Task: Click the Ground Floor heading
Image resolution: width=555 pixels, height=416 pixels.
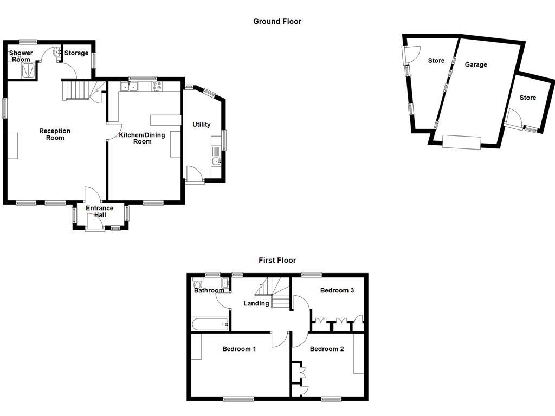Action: coord(277,21)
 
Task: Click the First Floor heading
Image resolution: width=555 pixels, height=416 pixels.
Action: coord(277,261)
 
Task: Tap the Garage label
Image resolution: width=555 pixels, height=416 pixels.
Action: coord(476,65)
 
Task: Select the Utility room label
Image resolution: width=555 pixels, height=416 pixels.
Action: coord(202,125)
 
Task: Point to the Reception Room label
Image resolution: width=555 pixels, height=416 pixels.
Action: coord(55,134)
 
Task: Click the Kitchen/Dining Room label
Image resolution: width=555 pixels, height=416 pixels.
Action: coord(142,138)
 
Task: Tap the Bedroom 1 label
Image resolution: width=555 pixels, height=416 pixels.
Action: coord(239,349)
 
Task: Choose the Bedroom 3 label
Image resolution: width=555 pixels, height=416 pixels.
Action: coord(337,290)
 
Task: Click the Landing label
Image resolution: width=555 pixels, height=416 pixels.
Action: coord(256,303)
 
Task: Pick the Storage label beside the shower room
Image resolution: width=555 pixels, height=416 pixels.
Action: coord(76,53)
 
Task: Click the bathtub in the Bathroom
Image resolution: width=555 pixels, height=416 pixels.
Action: coord(210,324)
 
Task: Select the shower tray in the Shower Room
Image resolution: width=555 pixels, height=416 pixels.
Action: coord(28,70)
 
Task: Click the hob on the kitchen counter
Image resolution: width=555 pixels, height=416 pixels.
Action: coord(157,86)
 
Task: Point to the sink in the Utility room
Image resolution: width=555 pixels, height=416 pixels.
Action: coord(217,161)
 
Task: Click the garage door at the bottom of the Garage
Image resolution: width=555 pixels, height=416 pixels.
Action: coord(462,142)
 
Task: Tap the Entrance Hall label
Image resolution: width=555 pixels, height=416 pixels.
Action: coord(100,212)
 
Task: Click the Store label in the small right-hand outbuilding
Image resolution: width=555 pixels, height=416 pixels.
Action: coord(528,97)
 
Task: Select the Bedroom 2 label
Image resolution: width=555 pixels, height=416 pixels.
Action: coord(327,349)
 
